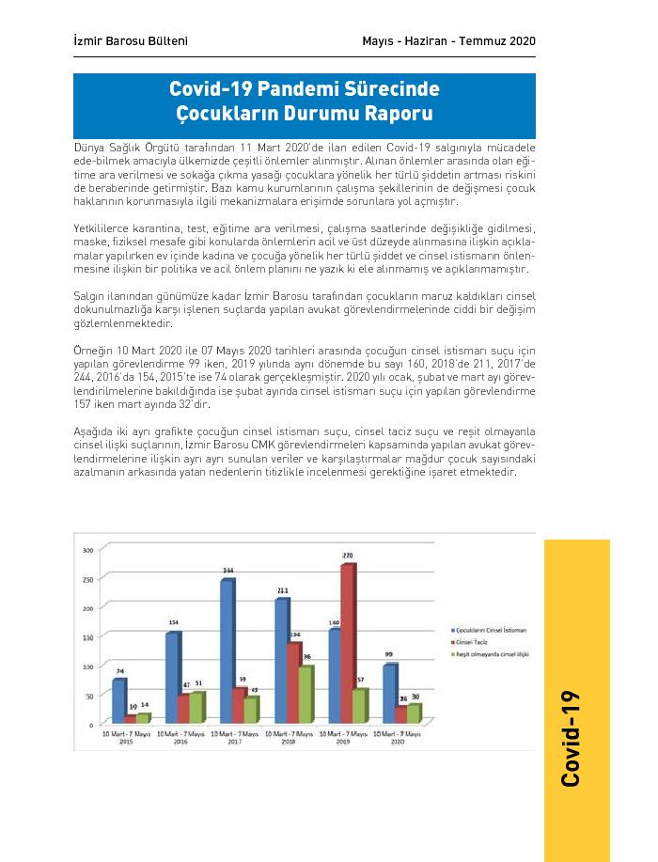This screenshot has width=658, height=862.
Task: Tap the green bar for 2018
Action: [305, 695]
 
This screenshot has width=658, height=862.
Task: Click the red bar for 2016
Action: [183, 709]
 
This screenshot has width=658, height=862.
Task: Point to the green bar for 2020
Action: [414, 713]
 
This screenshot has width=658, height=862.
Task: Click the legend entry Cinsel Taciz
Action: [470, 641]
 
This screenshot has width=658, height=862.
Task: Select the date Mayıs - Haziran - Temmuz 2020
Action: [448, 41]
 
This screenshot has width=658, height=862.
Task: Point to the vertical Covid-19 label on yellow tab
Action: [575, 738]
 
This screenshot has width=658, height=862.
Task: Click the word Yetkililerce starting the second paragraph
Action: [104, 228]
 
